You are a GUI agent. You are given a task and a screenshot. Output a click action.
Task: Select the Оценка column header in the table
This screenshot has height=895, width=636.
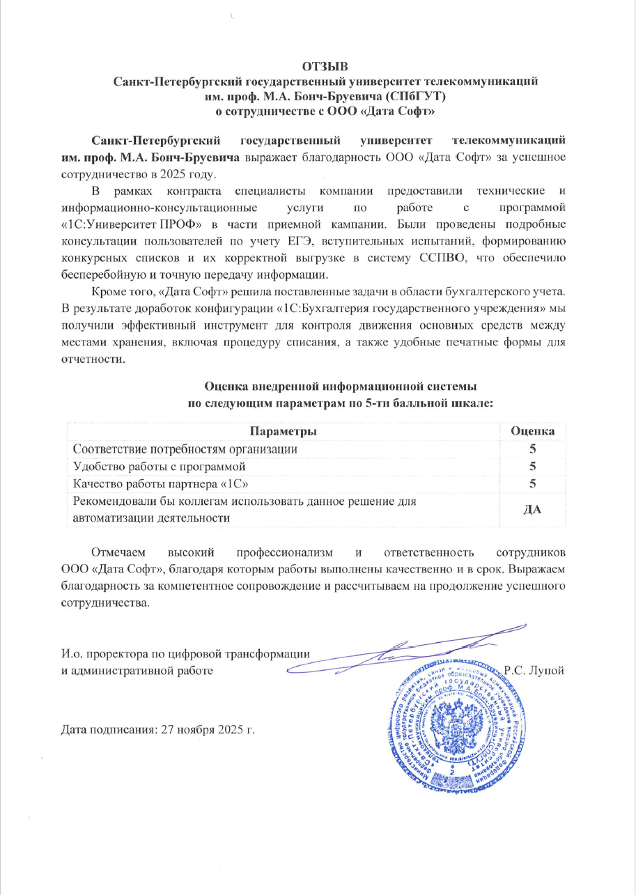[533, 432]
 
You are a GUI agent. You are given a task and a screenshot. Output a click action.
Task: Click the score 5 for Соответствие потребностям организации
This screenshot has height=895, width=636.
[533, 449]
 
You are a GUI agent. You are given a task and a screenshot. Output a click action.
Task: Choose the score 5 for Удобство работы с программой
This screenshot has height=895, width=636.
[533, 466]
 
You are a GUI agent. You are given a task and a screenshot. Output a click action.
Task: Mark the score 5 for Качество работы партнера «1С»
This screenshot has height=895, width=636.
[533, 483]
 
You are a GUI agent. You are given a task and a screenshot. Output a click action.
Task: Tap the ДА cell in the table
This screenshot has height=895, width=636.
[533, 510]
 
